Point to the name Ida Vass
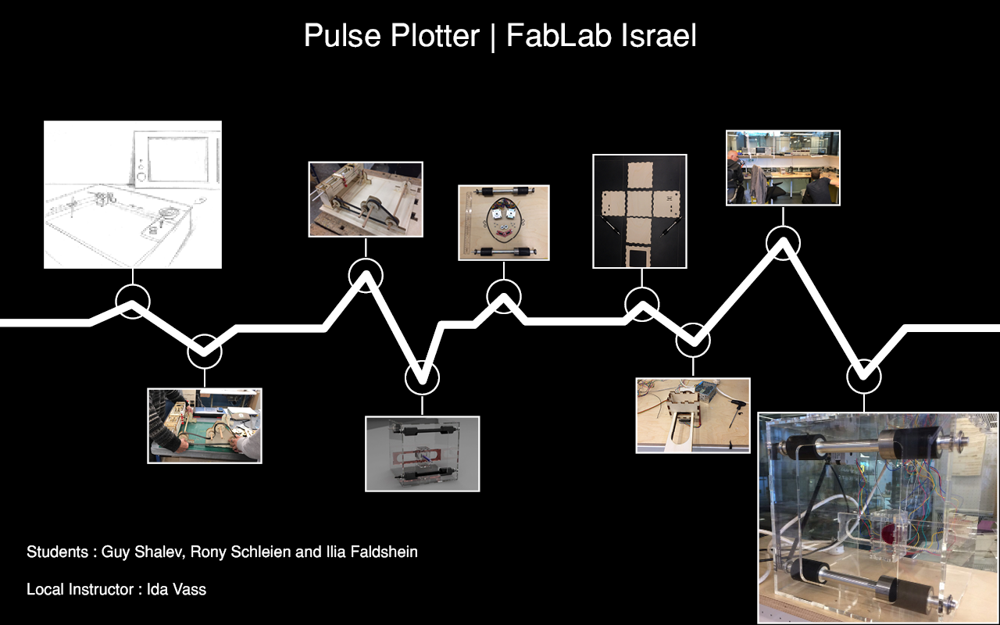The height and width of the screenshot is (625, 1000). pyautogui.click(x=177, y=589)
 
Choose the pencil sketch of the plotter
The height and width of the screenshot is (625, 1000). pyautogui.click(x=133, y=195)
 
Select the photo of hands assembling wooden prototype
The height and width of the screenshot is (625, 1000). pyautogui.click(x=205, y=426)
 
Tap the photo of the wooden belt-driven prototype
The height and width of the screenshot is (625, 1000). pyautogui.click(x=366, y=199)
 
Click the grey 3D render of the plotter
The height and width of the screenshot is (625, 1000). pyautogui.click(x=423, y=454)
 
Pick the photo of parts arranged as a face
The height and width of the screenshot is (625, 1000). pyautogui.click(x=504, y=223)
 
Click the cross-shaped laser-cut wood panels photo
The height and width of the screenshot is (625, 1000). pyautogui.click(x=640, y=211)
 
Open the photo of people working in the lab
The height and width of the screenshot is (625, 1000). pyautogui.click(x=783, y=168)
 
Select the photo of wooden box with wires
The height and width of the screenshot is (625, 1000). pyautogui.click(x=693, y=416)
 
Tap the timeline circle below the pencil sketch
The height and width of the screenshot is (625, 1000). pyautogui.click(x=133, y=302)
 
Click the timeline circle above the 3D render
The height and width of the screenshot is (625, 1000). pyautogui.click(x=422, y=377)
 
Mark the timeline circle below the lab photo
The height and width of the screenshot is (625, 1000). pyautogui.click(x=783, y=243)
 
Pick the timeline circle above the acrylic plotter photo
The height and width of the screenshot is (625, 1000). pyautogui.click(x=864, y=377)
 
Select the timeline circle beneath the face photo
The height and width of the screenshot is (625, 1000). pyautogui.click(x=504, y=297)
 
